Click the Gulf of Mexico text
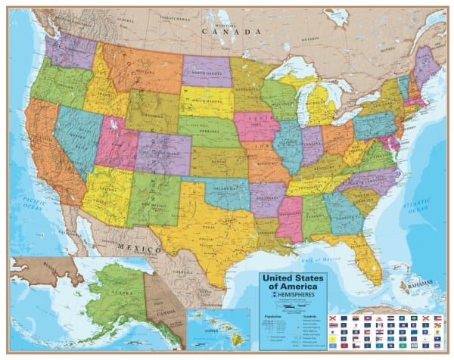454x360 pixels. coord(327,259)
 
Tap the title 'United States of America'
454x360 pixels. coord(294,282)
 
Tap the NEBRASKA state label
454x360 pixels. coord(208,130)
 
